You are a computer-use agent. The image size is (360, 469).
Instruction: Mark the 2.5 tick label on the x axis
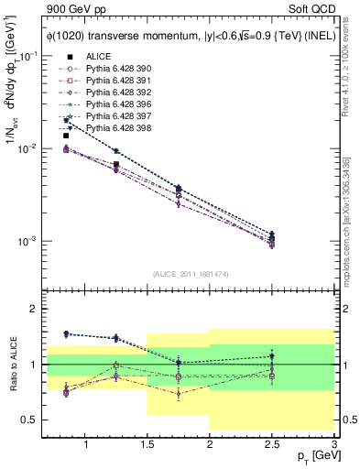pos(272,444)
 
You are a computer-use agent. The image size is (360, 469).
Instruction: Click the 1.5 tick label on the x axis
pos(147,444)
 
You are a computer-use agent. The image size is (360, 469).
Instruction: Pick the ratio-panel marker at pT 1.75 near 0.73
pos(179,394)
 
